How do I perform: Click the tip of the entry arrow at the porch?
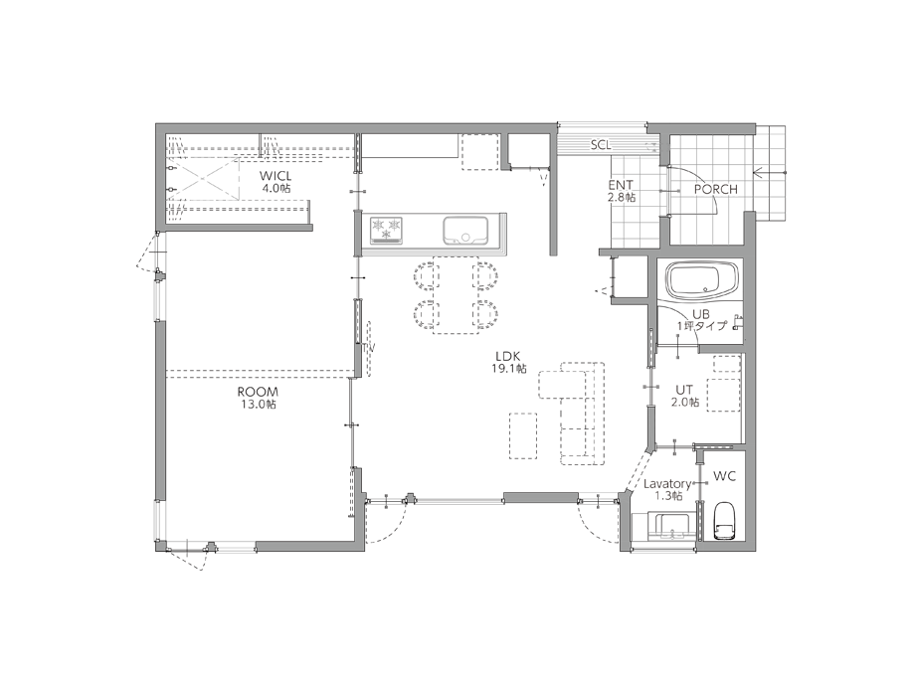(754, 173)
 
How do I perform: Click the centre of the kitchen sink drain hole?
(466, 237)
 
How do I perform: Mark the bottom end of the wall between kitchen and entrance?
(553, 255)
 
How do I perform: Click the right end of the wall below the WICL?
(311, 228)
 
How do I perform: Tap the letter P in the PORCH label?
(697, 190)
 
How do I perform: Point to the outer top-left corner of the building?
(156, 123)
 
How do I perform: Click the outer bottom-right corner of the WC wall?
(756, 551)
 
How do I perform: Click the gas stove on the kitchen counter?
(386, 230)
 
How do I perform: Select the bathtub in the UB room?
(703, 280)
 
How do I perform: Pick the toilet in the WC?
(724, 521)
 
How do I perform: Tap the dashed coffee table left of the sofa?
(523, 436)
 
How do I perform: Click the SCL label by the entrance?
(600, 145)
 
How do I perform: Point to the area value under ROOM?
(258, 404)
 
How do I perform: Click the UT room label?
(684, 390)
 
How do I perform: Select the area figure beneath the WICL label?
(275, 188)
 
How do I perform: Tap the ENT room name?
(621, 186)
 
